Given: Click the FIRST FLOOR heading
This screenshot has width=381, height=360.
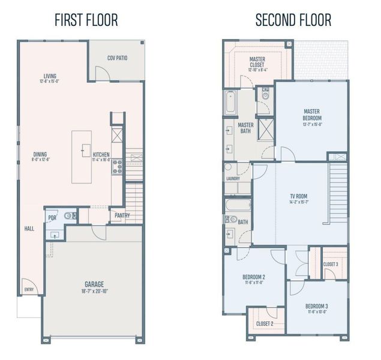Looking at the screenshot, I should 86,19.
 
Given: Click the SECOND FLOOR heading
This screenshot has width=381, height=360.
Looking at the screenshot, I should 293,19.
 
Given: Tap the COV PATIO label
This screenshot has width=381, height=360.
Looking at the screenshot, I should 117,58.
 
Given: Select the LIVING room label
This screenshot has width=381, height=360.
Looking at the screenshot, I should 50,76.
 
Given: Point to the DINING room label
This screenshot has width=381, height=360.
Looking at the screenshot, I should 40,154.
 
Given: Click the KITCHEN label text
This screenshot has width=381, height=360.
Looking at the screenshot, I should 101,154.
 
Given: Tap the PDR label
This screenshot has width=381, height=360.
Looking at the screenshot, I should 52,218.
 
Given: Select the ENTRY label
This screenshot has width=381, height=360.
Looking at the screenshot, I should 29,289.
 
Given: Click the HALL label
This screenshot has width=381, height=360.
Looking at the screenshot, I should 29,229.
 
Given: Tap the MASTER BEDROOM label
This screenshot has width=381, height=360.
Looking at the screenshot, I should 312,114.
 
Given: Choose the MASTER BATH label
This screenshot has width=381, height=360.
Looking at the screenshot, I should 246,128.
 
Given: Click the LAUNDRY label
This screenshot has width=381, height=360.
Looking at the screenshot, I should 233,178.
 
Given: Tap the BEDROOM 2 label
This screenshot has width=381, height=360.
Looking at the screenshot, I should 254,277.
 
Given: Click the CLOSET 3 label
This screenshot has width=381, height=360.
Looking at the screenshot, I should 331,264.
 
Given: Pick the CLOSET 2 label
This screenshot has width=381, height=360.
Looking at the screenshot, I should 265,323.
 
